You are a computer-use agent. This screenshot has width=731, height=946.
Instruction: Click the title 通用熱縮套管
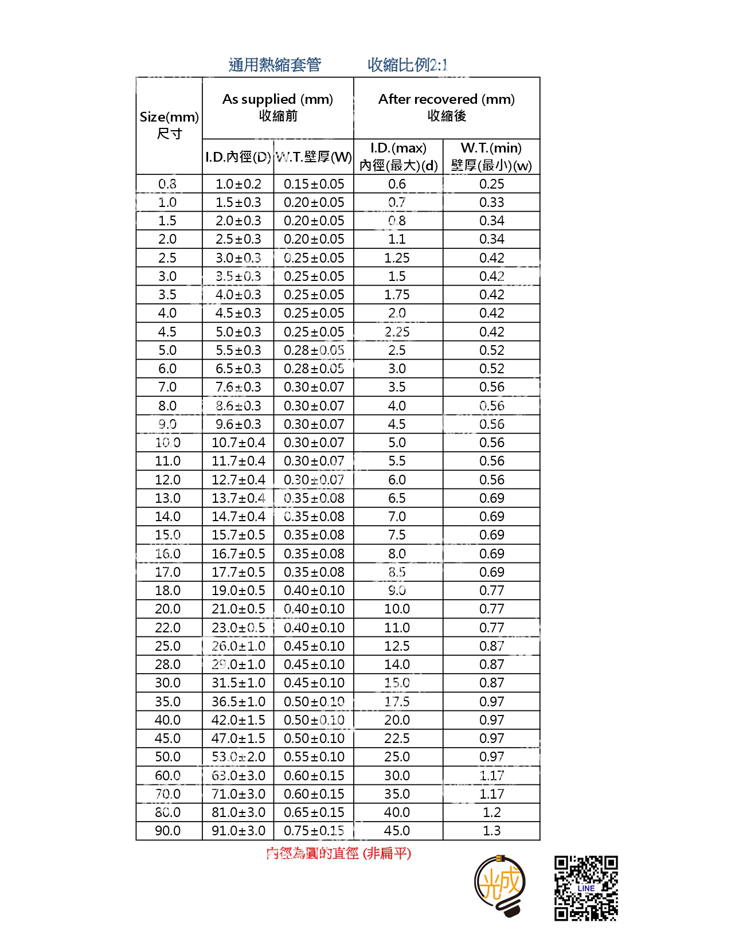(x=275, y=65)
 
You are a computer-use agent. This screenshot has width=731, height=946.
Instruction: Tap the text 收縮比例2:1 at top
(x=407, y=65)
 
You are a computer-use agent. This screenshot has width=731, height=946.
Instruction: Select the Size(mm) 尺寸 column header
(x=169, y=125)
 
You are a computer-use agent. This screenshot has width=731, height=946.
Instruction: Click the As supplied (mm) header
(x=278, y=107)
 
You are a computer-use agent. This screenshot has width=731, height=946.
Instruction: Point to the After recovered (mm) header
(x=447, y=107)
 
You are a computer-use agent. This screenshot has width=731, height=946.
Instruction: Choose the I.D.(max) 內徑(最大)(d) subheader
(x=398, y=157)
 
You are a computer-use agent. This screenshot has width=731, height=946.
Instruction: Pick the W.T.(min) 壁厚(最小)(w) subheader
(x=491, y=157)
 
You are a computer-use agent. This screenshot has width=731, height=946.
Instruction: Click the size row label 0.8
(x=167, y=184)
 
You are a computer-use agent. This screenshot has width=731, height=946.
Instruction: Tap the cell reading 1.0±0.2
(x=239, y=184)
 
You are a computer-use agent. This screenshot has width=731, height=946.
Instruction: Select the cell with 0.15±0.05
(x=314, y=184)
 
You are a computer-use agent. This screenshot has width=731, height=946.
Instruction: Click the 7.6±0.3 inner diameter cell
(x=239, y=387)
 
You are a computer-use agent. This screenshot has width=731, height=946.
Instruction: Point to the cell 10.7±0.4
(x=239, y=443)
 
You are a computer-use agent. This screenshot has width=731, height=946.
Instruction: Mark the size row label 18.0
(x=167, y=591)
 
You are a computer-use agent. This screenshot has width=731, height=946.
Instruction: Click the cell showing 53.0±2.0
(x=239, y=757)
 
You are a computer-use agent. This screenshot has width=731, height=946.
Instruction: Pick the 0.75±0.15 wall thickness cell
(x=314, y=831)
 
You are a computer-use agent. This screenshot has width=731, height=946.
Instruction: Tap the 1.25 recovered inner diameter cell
(x=397, y=258)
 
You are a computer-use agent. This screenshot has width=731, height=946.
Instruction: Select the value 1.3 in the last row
(x=491, y=831)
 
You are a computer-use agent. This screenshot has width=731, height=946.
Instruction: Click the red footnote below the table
(x=339, y=853)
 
